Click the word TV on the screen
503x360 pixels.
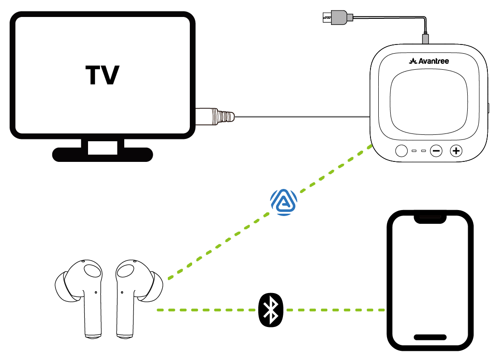(102, 75)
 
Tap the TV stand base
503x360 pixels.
(102, 155)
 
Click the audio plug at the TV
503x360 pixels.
(216, 116)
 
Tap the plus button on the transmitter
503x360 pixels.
(456, 150)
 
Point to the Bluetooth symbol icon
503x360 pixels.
(271, 310)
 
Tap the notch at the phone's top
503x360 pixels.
(430, 218)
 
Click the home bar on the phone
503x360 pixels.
(430, 337)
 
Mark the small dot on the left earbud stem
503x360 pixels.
(95, 292)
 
